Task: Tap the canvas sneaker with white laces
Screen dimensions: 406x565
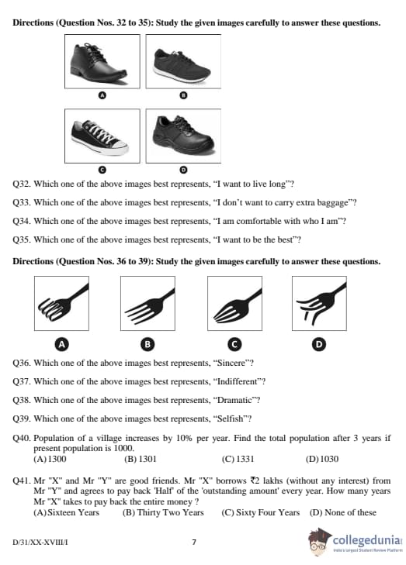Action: [99, 137]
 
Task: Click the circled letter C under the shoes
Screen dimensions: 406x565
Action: [102, 170]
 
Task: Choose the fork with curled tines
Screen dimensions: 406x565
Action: [63, 302]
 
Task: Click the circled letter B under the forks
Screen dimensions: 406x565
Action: [147, 344]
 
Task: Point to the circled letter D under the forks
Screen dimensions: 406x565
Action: [318, 344]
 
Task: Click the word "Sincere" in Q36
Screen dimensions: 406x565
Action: [231, 363]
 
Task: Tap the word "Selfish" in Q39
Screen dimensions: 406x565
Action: [231, 419]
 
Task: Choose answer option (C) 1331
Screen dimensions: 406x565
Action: [238, 459]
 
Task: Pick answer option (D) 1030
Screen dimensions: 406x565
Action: [322, 459]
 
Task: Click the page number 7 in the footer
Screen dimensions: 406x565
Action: [194, 542]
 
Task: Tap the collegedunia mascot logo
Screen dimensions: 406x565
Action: [318, 543]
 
